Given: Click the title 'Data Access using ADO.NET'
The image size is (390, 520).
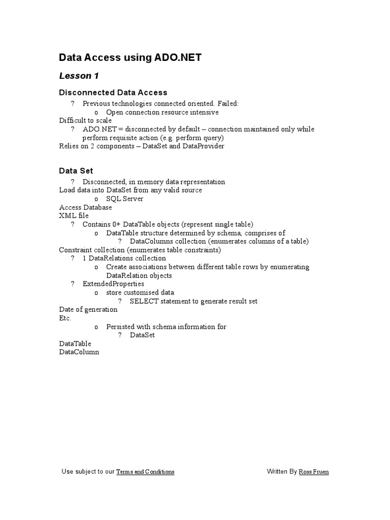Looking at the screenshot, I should coord(131,58).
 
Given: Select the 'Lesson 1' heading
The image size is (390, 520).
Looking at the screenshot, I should coord(79,76).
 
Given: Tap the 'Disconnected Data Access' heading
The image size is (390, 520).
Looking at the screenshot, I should coord(113,92).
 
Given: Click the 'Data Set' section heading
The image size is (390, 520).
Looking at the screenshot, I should coord(76,171).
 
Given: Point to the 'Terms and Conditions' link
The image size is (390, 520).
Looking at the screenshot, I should coord(145,472).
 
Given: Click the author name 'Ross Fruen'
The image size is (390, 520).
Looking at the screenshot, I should coord(314,472).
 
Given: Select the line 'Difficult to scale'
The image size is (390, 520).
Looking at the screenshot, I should coord(85,121).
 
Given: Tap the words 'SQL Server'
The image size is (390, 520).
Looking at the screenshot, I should coord(124,199).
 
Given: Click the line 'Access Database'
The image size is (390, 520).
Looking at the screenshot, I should coord(86,207).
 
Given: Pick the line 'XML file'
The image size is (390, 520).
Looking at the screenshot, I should coord(74,216).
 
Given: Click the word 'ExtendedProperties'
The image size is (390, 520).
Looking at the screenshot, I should coord(113,284).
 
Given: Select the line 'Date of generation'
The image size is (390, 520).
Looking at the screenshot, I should coord(88,309).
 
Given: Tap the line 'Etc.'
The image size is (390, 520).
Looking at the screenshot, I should coord(65,318).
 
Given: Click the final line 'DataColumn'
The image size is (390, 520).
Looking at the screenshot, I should coord(79,352).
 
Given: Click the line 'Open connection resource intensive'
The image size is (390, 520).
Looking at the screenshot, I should coord(162,112).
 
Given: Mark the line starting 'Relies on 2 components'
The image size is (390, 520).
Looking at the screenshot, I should coord(142,146).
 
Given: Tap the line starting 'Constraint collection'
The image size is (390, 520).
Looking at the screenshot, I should coord(140,250).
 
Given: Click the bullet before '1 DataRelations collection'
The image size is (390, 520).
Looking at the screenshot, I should coord(73,258).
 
